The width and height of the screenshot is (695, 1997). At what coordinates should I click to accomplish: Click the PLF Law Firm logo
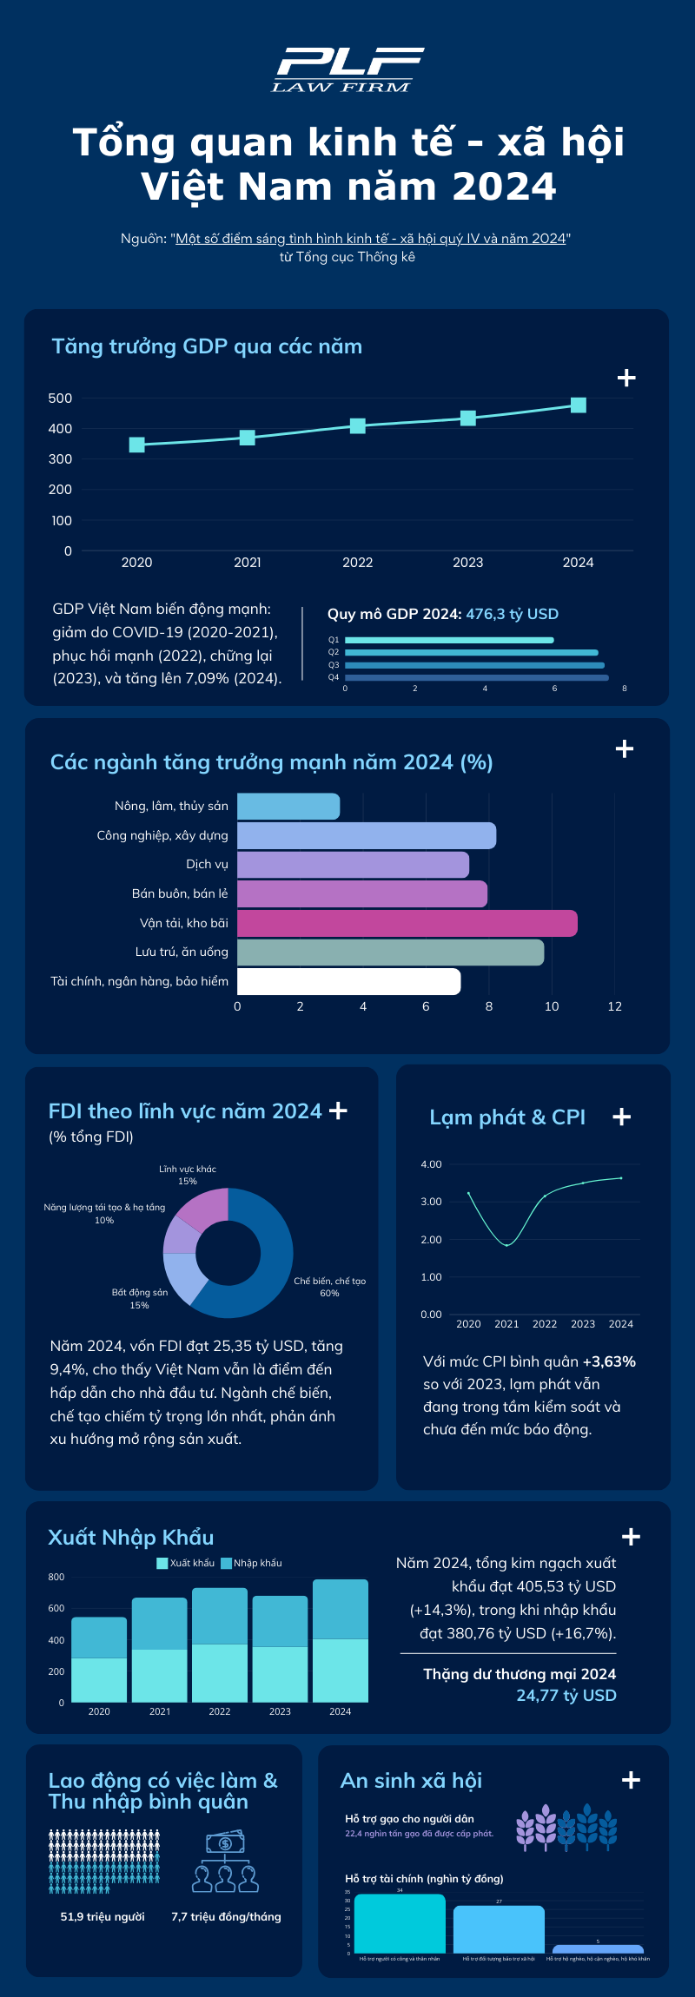(347, 69)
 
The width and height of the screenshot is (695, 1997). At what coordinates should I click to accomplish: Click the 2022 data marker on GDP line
(358, 425)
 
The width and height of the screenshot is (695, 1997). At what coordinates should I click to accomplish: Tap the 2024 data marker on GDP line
(579, 405)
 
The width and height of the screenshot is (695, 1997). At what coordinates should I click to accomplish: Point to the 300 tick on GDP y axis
(61, 459)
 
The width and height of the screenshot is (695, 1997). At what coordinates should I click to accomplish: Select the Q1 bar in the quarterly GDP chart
(449, 640)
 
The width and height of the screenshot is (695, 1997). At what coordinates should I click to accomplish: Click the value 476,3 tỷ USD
(513, 614)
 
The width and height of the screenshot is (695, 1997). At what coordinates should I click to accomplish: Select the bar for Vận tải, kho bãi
(407, 923)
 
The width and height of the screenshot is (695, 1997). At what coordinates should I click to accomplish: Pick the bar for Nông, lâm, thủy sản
(288, 807)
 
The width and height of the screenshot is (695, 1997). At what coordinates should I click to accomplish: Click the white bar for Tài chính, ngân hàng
(348, 981)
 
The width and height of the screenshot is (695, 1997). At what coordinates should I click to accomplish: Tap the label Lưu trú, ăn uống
(182, 952)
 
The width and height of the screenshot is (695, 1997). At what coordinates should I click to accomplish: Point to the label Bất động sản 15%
(140, 1299)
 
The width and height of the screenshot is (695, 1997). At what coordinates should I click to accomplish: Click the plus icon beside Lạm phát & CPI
(622, 1117)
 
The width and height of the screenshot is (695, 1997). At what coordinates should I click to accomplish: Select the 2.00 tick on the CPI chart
(431, 1239)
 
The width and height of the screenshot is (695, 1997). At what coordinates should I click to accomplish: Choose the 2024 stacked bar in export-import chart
(341, 1641)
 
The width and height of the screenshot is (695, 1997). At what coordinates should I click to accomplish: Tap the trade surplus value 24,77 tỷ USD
(566, 1696)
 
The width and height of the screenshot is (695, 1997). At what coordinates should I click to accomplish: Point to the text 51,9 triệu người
(103, 1916)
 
